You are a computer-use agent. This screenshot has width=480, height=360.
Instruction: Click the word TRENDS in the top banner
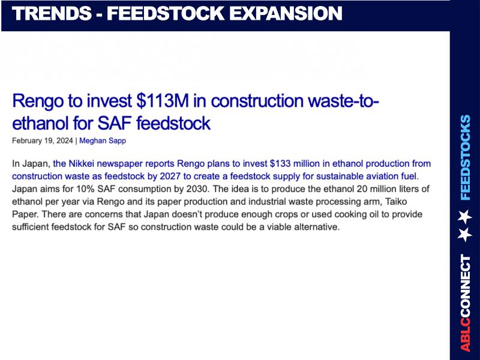click(52, 14)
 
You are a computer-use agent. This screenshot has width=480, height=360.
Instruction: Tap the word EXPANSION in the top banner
click(286, 14)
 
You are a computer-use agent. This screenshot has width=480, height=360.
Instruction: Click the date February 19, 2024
click(43, 141)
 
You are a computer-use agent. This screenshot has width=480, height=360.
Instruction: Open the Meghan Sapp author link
click(103, 141)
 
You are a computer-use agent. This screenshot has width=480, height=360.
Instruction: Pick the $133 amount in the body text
click(280, 164)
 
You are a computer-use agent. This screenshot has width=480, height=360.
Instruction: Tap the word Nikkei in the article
click(81, 164)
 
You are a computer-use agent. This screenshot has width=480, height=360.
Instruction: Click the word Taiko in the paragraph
click(396, 202)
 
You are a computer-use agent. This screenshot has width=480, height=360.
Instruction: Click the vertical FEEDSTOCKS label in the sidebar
click(466, 157)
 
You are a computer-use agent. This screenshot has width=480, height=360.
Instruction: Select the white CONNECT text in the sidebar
click(466, 286)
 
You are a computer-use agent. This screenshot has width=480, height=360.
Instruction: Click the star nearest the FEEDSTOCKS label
click(464, 216)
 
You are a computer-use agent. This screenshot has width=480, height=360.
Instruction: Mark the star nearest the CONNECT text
click(464, 235)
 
